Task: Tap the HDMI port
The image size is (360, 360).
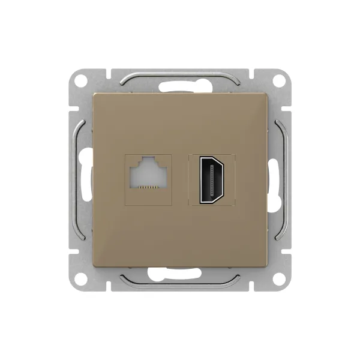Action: point(212,179)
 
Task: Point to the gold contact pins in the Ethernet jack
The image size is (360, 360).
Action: point(147,188)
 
